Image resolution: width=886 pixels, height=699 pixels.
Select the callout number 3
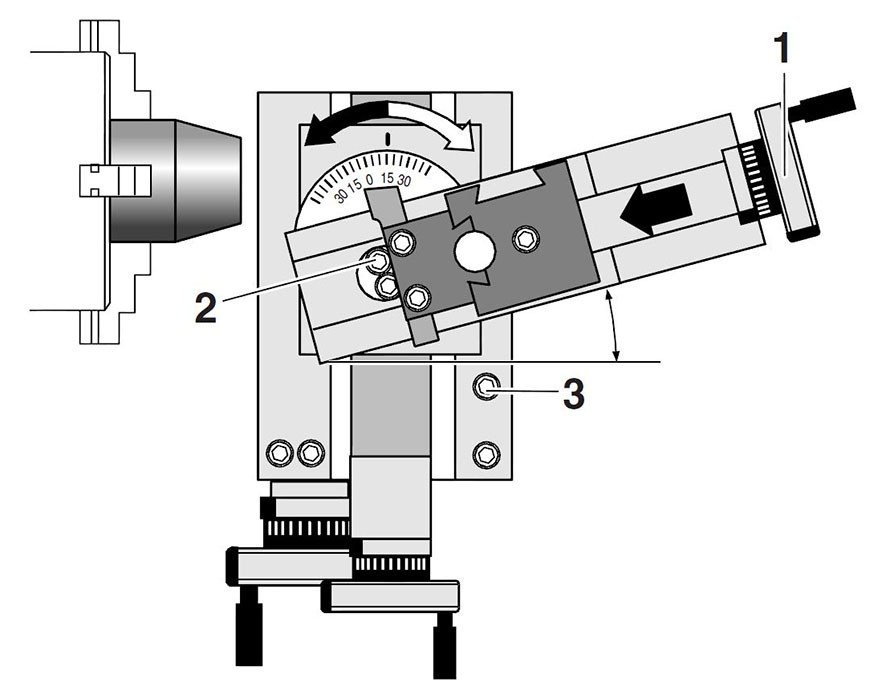pyautogui.click(x=572, y=393)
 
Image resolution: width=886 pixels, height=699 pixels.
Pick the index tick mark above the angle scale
pyautogui.click(x=387, y=135)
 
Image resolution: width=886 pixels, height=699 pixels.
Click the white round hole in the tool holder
pyautogui.click(x=472, y=252)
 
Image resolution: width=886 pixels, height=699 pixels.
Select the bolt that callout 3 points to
pyautogui.click(x=487, y=385)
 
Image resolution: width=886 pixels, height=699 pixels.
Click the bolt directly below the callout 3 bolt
pyautogui.click(x=487, y=454)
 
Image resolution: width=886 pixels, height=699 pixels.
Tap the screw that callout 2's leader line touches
pyautogui.click(x=379, y=261)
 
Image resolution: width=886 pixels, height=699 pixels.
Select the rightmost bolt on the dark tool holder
pyautogui.click(x=525, y=237)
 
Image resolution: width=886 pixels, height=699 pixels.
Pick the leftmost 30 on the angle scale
pyautogui.click(x=341, y=196)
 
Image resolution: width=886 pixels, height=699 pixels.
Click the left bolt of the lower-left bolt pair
pyautogui.click(x=277, y=454)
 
